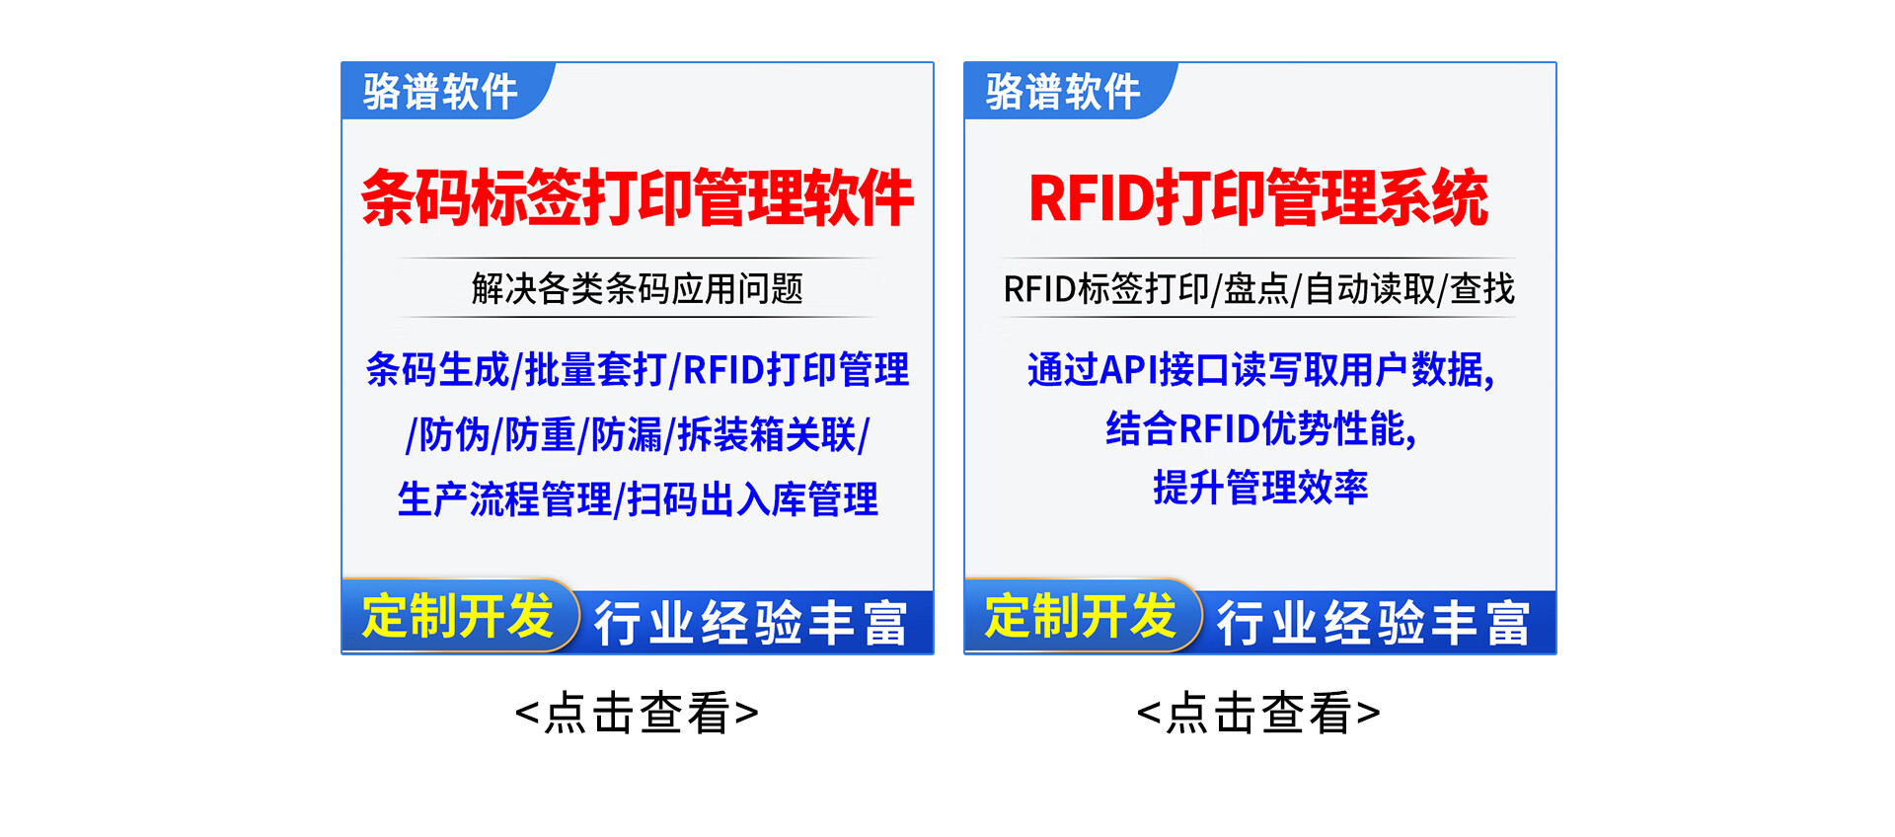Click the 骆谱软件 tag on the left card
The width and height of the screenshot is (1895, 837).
pos(440,92)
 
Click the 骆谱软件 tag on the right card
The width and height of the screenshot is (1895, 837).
pos(1063,92)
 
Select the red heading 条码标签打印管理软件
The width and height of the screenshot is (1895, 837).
pos(638,197)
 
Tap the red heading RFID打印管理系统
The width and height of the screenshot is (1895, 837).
pos(1258,197)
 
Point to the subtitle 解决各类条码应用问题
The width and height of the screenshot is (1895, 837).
pos(638,288)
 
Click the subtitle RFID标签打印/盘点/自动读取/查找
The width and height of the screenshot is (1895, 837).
pos(1258,288)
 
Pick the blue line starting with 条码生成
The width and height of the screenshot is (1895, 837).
pos(638,369)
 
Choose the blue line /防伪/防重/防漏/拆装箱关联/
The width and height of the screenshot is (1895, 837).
pos(638,434)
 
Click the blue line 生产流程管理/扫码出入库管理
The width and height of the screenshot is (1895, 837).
pos(638,498)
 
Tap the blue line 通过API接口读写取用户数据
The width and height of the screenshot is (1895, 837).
pos(1260,370)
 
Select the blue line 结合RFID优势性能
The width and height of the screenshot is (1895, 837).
pos(1260,428)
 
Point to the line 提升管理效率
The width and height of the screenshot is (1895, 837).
pos(1260,487)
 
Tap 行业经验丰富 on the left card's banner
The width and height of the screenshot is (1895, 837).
pos(751,623)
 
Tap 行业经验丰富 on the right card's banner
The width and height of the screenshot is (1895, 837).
pos(1374,623)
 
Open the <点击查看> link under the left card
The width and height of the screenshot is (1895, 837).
pos(637,713)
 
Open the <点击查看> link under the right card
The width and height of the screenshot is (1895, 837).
pos(1258,713)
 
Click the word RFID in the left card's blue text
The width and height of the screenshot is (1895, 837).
pos(723,370)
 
